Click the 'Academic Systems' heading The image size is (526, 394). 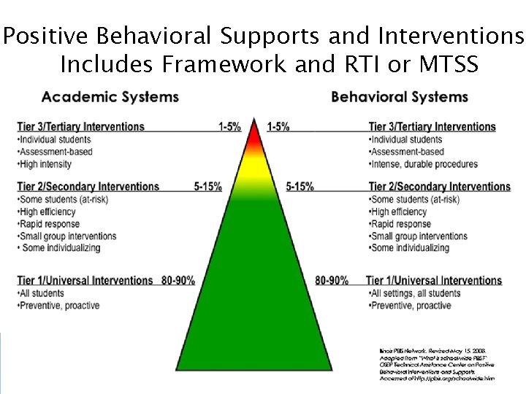tap(110, 97)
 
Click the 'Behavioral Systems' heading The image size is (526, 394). tap(400, 97)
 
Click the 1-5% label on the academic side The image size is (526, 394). tap(229, 126)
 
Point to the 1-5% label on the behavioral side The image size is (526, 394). tap(278, 126)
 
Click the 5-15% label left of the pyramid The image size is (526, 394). tap(208, 187)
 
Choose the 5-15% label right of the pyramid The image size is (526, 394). tap(300, 187)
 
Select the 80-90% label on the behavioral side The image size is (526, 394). tap(332, 280)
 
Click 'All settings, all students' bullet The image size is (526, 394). tap(416, 293)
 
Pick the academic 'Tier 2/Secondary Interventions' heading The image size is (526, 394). tap(88, 187)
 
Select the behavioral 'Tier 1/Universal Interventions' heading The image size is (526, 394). tap(434, 280)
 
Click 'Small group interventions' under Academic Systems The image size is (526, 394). tap(66, 236)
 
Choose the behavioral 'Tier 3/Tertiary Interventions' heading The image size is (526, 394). tap(432, 126)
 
